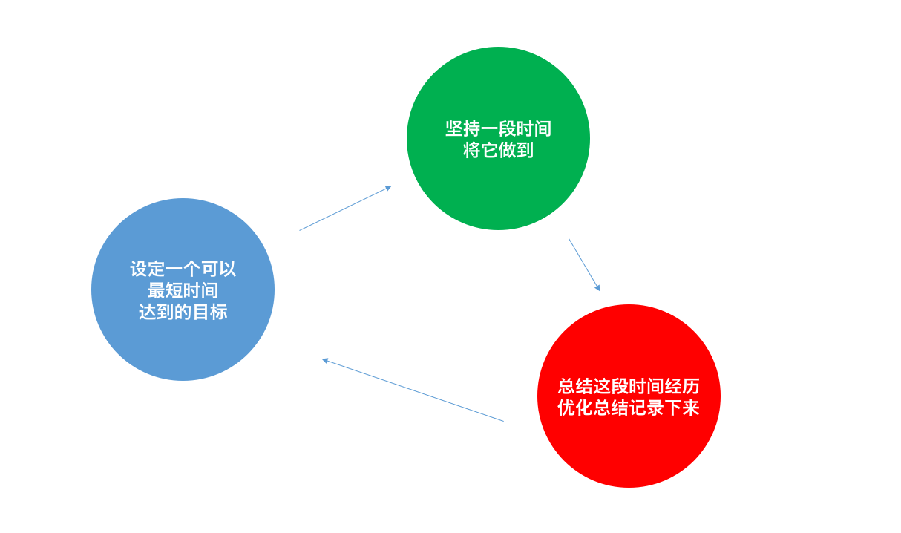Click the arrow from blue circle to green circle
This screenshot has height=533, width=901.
[345, 209]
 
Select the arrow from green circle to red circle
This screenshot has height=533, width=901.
[584, 264]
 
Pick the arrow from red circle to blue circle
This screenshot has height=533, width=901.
[413, 390]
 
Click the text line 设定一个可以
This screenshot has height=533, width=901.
[183, 269]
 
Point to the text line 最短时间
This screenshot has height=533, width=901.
[183, 290]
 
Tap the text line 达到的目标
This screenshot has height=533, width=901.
[183, 312]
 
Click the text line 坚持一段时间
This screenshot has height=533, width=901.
[498, 128]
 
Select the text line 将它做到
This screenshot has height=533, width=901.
[498, 151]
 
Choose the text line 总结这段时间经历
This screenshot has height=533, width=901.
[629, 386]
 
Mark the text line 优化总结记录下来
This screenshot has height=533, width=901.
[629, 408]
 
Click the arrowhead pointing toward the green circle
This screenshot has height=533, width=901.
[388, 188]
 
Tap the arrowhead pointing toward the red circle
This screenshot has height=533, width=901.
[597, 287]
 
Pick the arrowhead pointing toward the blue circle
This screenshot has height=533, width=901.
[325, 360]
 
